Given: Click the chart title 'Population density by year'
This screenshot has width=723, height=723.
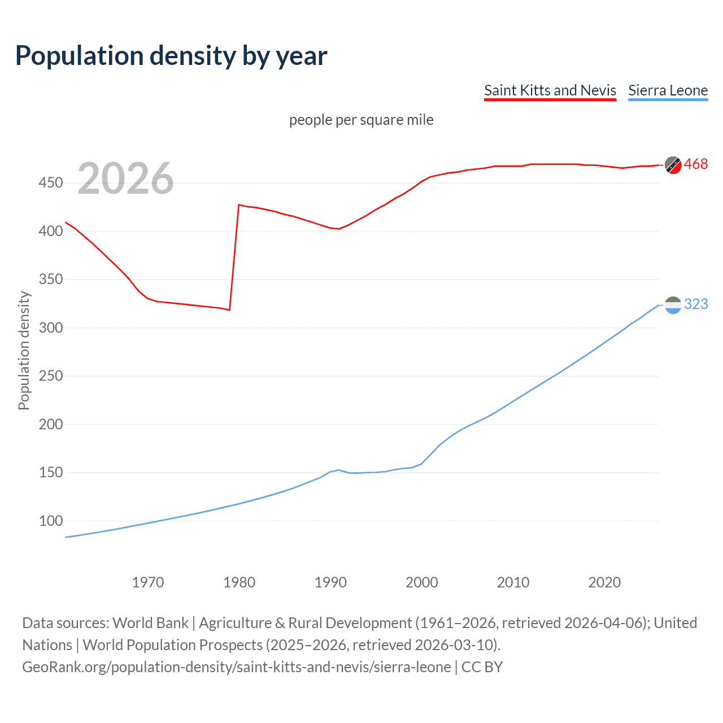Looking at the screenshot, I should click(171, 56).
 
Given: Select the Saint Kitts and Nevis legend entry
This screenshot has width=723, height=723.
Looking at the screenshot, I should click(550, 90).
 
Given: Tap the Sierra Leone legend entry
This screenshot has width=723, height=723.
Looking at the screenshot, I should click(668, 90).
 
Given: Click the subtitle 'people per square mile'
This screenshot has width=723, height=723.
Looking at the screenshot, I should click(361, 120).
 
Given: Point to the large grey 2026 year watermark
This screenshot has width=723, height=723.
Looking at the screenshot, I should click(125, 178).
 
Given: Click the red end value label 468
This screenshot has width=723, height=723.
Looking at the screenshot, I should click(695, 164).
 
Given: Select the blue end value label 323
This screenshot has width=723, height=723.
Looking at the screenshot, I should click(695, 304).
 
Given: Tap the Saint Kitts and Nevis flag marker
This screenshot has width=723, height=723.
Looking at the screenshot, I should click(673, 165).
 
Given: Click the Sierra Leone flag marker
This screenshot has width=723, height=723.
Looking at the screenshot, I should click(673, 305).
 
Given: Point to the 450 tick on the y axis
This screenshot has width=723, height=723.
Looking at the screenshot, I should click(51, 183).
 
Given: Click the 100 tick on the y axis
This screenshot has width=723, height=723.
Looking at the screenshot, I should click(51, 521).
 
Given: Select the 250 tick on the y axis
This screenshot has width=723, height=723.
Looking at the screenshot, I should click(51, 376).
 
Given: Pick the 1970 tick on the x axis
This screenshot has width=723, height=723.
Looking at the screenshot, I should click(148, 582).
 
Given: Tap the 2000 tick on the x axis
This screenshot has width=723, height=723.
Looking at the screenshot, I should click(421, 582).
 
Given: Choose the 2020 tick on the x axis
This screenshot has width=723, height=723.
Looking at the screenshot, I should click(604, 582).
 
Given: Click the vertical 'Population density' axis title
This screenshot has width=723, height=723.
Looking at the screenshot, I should click(24, 350).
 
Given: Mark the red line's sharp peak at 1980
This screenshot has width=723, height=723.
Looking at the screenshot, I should click(239, 205).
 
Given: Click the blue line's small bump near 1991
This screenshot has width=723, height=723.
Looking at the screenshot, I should click(339, 470).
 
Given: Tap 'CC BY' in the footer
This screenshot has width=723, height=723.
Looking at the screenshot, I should click(482, 667).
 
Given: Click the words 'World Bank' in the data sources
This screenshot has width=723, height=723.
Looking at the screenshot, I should click(150, 623).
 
